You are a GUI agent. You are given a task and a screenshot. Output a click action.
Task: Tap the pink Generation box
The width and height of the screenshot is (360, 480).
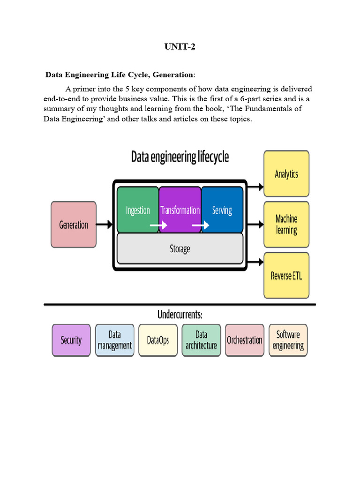coord(74,225)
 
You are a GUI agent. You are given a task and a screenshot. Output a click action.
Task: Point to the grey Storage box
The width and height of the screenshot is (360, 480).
coord(180,248)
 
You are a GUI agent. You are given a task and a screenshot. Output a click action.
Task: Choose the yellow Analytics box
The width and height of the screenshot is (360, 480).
coord(286,174)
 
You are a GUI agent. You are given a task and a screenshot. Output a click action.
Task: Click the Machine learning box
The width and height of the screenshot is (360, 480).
coord(286,225)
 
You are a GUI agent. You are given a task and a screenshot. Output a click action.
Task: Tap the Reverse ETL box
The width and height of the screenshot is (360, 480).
coord(286,275)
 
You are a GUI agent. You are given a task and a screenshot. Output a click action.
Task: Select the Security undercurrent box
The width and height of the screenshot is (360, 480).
coord(71,340)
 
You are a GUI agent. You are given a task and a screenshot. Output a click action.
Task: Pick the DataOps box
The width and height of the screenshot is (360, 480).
coord(158,340)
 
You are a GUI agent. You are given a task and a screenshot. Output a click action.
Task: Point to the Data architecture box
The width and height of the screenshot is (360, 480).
coord(201,340)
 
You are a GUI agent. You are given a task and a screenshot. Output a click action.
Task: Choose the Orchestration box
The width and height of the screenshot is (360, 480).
coord(245,340)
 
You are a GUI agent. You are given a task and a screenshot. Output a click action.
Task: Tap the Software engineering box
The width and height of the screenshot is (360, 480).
coord(288,340)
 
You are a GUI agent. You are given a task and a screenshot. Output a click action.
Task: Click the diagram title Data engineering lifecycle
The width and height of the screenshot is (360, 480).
coord(180,157)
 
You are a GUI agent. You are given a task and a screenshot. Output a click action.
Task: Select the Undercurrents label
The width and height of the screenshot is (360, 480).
coord(180,314)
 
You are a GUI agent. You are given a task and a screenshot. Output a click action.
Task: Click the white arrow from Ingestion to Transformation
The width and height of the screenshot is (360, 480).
coord(158,225)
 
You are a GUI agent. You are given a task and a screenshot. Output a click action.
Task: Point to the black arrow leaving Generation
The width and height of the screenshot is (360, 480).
coord(105,225)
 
